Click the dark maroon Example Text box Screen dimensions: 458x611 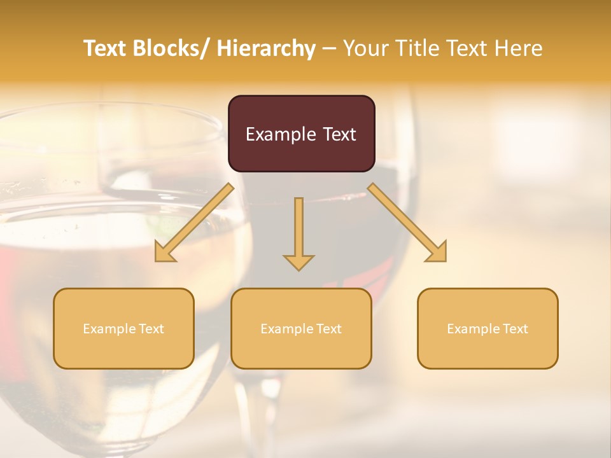tap(301, 134)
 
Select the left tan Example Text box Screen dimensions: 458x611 tap(123, 329)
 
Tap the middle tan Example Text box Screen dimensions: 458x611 tap(301, 329)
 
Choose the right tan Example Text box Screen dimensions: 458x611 tap(488, 329)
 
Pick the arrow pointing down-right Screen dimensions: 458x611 tap(407, 223)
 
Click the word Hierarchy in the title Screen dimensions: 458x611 tap(266, 48)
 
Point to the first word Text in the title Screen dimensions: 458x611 tap(104, 48)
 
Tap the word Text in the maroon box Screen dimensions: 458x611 tap(339, 134)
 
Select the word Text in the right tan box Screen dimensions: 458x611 tap(515, 329)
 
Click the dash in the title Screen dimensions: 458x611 tap(330, 48)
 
